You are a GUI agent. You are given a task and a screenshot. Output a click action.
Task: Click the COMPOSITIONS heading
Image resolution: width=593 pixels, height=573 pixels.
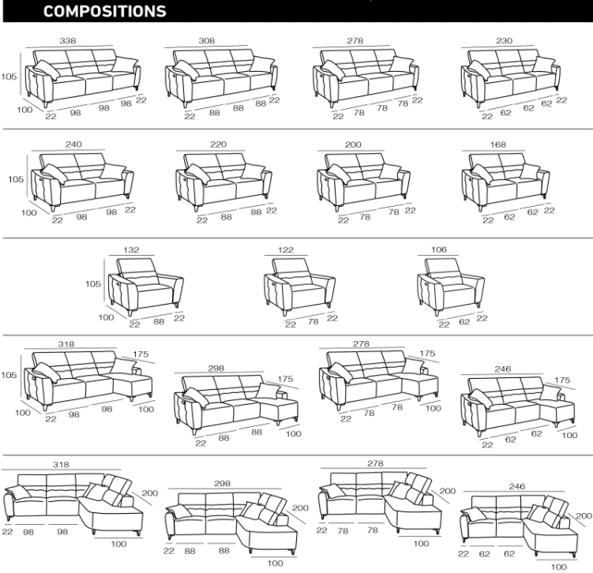click(x=105, y=11)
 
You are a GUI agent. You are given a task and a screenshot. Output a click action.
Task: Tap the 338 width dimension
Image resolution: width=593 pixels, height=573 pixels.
click(x=68, y=41)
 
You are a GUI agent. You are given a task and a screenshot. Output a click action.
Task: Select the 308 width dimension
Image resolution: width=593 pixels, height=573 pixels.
click(x=207, y=41)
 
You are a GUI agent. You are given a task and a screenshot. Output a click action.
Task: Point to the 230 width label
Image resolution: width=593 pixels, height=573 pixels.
click(x=504, y=41)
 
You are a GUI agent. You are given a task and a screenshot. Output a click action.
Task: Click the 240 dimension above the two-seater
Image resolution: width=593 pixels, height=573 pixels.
click(x=73, y=144)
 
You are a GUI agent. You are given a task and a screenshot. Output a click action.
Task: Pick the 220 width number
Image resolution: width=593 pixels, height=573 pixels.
click(x=219, y=144)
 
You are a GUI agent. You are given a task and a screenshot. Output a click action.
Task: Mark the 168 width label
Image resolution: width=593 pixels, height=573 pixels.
click(x=497, y=144)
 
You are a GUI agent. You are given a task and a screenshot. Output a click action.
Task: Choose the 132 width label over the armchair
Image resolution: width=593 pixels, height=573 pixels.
click(x=131, y=250)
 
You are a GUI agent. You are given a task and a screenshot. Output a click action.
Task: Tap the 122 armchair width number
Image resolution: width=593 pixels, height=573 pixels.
click(x=286, y=250)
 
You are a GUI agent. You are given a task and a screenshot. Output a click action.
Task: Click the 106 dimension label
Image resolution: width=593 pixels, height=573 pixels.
click(x=439, y=249)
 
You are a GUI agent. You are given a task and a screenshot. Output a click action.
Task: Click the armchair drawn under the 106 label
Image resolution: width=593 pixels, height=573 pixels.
click(x=450, y=286)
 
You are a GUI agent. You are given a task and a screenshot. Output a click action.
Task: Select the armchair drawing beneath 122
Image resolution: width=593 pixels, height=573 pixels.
click(x=299, y=286)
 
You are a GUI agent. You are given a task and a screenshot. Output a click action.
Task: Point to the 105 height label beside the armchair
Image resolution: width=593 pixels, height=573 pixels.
click(x=93, y=284)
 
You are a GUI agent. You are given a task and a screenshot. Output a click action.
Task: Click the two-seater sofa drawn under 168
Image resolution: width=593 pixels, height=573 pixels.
click(x=505, y=182)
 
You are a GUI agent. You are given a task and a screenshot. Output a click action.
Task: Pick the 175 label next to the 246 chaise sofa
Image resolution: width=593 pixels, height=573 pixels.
click(x=562, y=380)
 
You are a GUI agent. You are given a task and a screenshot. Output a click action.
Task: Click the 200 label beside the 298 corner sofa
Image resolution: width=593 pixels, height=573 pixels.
click(x=300, y=508)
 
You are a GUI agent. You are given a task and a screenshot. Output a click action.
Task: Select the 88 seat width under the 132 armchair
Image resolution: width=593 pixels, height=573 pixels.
click(x=159, y=322)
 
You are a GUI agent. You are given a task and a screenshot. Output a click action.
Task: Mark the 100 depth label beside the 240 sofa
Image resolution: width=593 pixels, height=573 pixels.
click(x=28, y=213)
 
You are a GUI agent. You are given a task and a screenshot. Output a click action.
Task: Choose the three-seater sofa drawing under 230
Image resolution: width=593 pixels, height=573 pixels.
click(x=511, y=79)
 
